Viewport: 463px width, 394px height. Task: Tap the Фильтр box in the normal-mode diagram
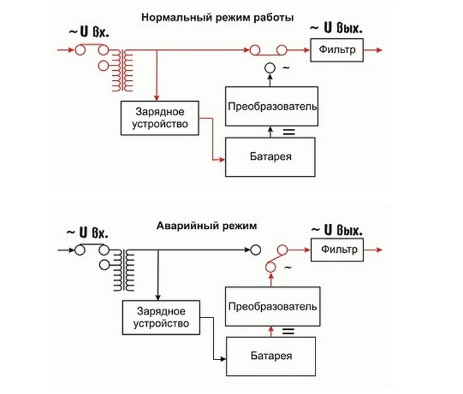337,49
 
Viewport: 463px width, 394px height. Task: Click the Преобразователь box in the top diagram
272,106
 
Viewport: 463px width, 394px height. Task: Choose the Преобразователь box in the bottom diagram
272,306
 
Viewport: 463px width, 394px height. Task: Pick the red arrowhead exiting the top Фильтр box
378,49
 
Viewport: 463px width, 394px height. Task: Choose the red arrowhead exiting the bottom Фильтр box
378,250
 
